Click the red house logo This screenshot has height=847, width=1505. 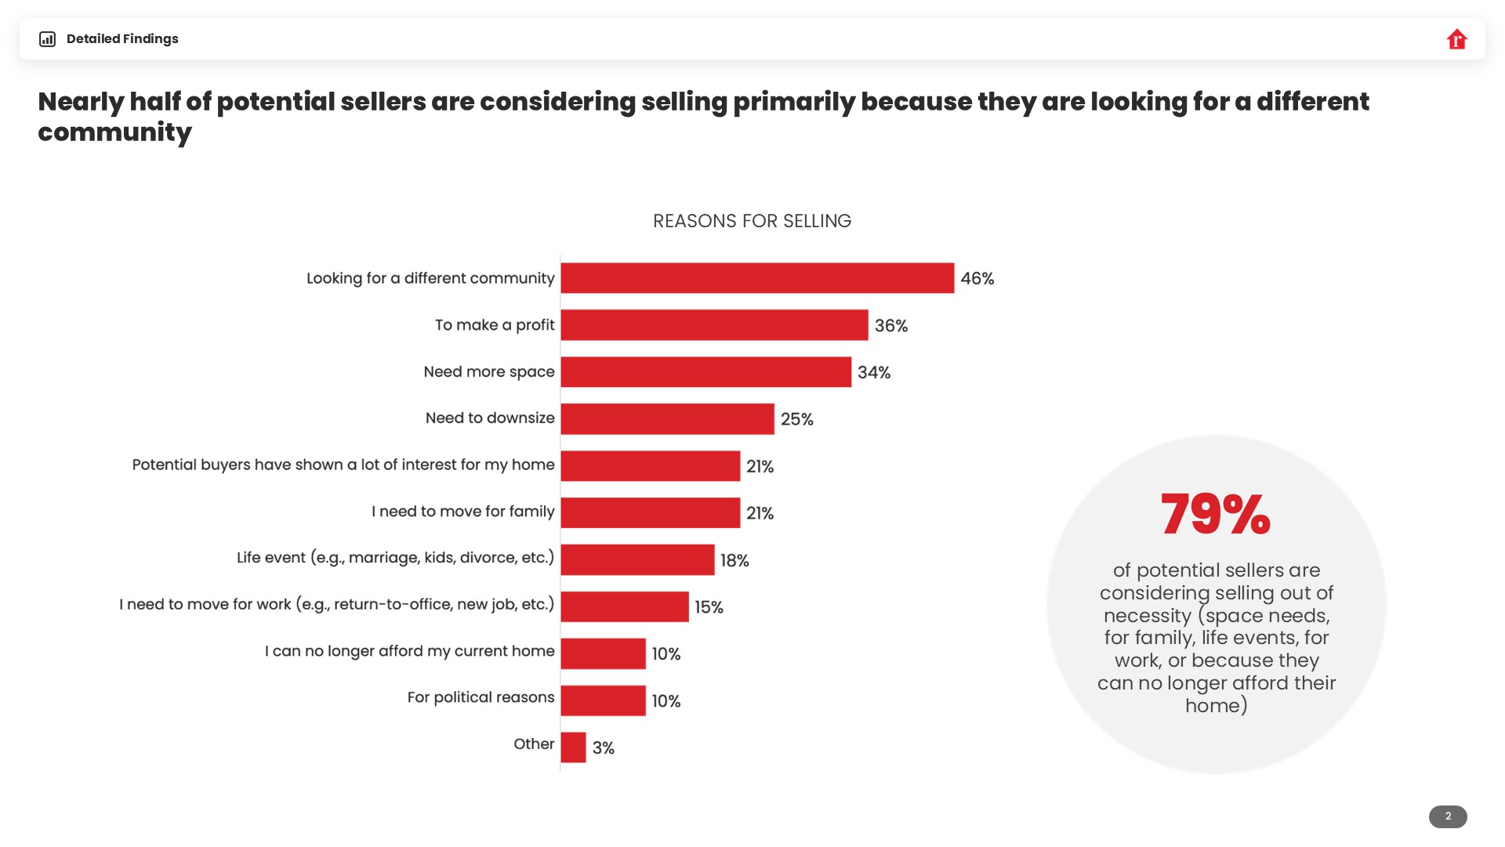[x=1456, y=39]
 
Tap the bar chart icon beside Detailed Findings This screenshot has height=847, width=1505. [x=48, y=39]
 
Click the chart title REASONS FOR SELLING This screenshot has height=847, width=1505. [x=752, y=221]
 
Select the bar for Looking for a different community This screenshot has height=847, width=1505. [x=757, y=278]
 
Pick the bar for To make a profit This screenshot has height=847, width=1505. [x=714, y=325]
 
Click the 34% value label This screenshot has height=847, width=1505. [x=874, y=372]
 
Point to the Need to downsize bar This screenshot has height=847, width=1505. [x=667, y=419]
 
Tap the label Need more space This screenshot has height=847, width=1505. [x=489, y=371]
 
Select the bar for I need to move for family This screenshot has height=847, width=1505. [x=650, y=513]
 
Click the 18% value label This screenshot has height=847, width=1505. [x=734, y=560]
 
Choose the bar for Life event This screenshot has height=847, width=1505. [x=637, y=560]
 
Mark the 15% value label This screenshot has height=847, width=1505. [x=709, y=607]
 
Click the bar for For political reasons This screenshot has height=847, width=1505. [x=603, y=700]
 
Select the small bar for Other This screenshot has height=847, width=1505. [x=573, y=747]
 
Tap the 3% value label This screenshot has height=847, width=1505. [x=604, y=748]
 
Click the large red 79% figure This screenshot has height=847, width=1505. [x=1216, y=515]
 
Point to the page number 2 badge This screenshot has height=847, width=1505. [x=1448, y=816]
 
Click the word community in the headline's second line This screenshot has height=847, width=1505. [x=114, y=132]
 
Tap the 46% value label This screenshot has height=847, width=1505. [x=977, y=279]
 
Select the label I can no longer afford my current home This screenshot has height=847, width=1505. [x=409, y=651]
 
